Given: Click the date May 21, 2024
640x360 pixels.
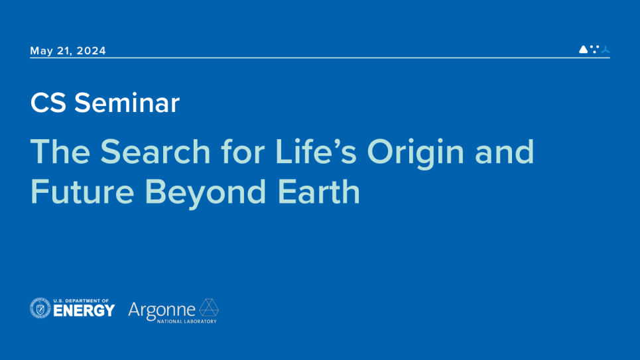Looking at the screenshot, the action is (68, 50).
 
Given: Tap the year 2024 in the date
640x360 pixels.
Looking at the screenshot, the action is (92, 50).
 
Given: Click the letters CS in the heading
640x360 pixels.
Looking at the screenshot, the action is (48, 103).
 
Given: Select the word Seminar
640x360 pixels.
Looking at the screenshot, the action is (127, 103).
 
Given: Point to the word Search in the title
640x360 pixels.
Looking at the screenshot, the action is (155, 151).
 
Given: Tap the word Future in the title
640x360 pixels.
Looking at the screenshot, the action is (82, 192).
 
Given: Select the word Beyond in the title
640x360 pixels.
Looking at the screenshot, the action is (206, 194).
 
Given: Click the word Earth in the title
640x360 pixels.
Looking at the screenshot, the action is (319, 192).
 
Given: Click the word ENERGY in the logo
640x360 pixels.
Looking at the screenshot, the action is (84, 311).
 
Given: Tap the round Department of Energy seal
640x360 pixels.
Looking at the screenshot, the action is (40, 308).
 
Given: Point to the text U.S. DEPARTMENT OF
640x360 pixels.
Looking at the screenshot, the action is (81, 301).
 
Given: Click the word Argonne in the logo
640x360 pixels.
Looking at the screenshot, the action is (162, 311).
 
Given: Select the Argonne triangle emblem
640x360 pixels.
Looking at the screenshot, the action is (209, 308).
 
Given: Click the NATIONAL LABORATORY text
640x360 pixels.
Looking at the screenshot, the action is (187, 322).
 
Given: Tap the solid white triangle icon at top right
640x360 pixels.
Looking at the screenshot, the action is (583, 49).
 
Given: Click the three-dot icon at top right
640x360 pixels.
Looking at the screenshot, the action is (595, 49).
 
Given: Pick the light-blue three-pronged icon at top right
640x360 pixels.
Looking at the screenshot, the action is (606, 49).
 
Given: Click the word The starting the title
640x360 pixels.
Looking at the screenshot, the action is (60, 151).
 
